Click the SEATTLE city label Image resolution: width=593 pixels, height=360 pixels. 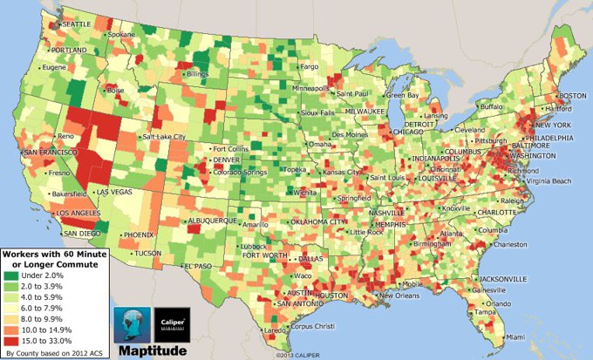tap(74, 24)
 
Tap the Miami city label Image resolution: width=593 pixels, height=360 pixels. tap(516, 335)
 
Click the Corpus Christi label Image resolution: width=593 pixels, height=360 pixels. tap(311, 326)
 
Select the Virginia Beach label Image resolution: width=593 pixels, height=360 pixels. tap(549, 180)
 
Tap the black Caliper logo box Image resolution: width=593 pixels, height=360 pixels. tap(173, 322)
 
